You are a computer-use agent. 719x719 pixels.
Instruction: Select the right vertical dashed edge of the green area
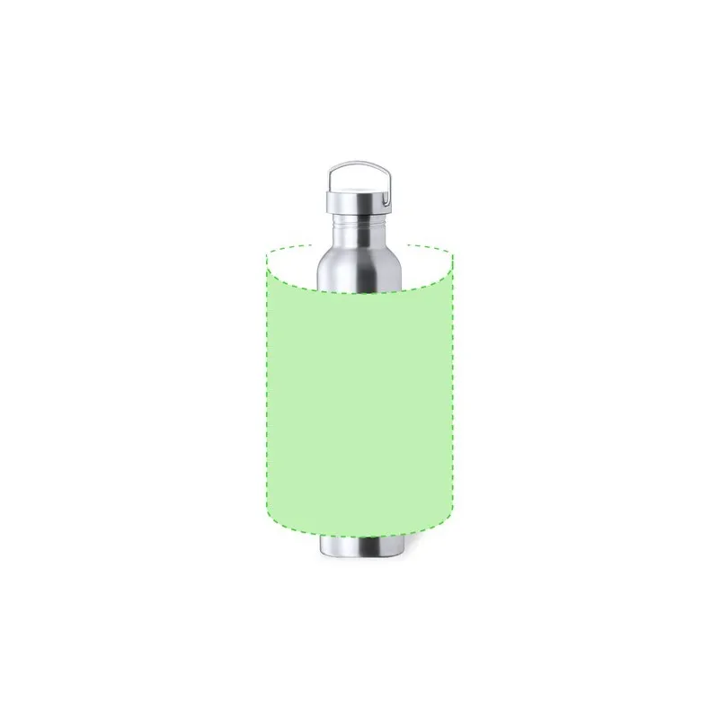click(x=455, y=395)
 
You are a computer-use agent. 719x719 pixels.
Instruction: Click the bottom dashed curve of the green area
click(x=359, y=537)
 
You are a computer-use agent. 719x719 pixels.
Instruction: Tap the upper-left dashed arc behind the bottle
click(x=288, y=247)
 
